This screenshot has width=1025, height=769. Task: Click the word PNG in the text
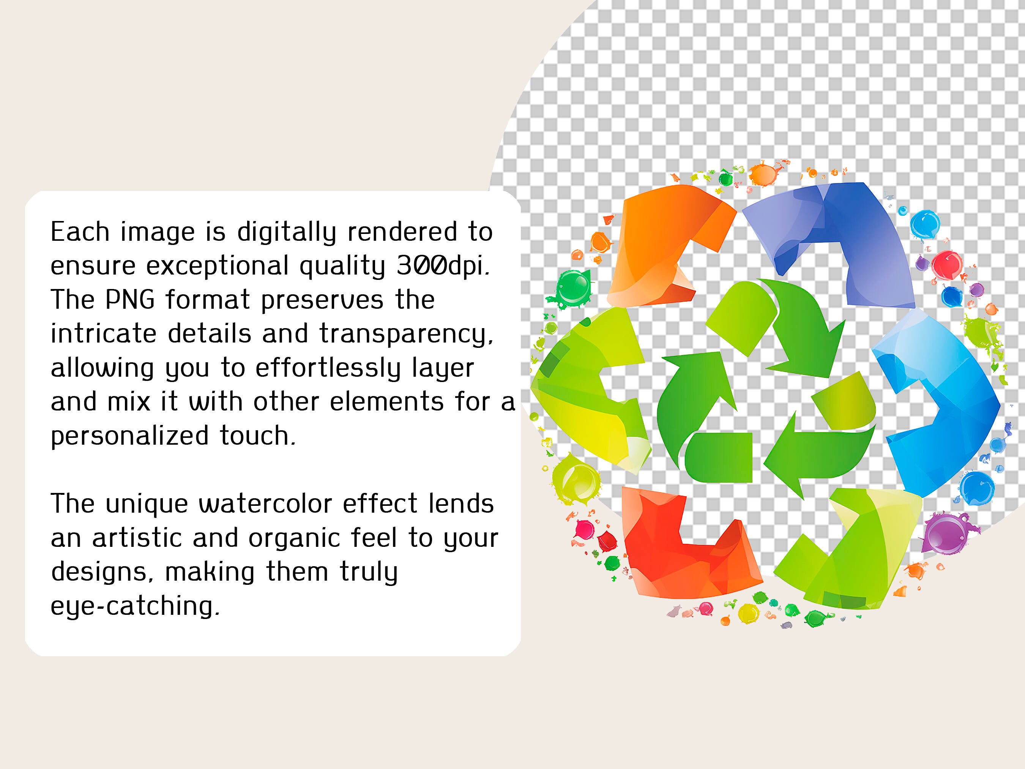click(x=130, y=300)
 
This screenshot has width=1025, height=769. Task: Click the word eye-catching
click(x=134, y=606)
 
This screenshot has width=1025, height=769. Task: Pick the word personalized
click(x=130, y=436)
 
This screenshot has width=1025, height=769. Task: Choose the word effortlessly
click(x=328, y=368)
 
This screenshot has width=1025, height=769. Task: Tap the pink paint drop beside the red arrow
click(x=585, y=528)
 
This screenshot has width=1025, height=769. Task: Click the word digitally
click(x=286, y=232)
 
